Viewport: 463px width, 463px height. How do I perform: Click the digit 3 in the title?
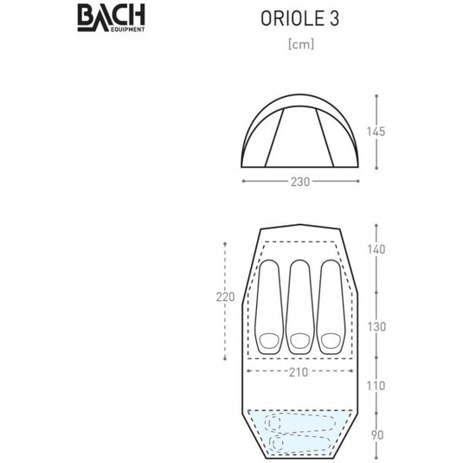point(331,20)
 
